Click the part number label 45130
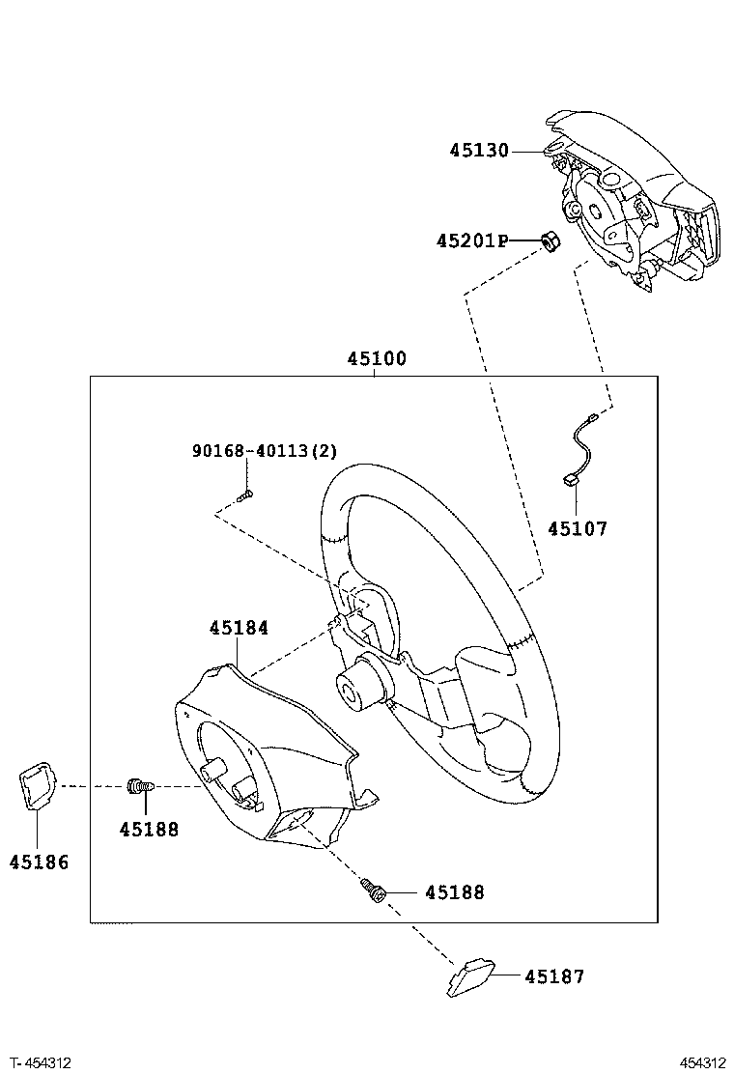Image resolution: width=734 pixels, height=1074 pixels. point(479,150)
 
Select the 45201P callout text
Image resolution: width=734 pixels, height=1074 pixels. point(472,241)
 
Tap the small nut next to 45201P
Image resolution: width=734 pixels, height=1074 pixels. point(550,240)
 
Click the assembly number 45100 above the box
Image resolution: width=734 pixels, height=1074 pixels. point(376,358)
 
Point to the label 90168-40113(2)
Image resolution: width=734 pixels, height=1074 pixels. point(265,451)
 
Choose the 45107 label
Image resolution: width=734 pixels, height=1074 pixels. point(578,528)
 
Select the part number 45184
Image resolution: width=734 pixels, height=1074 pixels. point(239,628)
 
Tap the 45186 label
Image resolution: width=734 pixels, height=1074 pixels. point(39,862)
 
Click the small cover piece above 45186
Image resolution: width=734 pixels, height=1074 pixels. point(38,785)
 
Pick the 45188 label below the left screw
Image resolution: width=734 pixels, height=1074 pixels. point(149,829)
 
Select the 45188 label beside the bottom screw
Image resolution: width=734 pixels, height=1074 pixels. point(455,891)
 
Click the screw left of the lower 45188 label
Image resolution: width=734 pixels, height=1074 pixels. point(374,891)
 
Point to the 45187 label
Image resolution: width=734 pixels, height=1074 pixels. point(554,976)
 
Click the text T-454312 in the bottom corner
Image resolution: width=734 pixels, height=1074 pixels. point(41,1062)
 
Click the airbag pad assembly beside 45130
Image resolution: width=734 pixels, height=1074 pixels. point(629,200)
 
